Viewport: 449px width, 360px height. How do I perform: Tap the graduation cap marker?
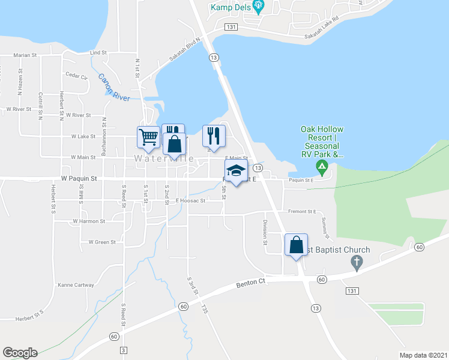coord(236,170)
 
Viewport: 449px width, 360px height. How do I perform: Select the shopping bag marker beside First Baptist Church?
coord(296,245)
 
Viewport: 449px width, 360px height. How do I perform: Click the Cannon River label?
coord(114,88)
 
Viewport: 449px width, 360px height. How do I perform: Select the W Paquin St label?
coord(79,179)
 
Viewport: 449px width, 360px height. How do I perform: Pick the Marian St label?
coord(26,55)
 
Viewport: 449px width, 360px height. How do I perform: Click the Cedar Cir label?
coord(76,76)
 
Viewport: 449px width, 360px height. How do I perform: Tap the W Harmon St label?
coord(89,221)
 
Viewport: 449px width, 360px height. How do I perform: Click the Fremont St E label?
coord(302,212)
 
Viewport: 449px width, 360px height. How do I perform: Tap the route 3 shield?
coord(124,350)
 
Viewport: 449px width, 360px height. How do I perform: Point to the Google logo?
coord(20,353)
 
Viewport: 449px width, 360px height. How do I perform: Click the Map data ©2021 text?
coord(423,355)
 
